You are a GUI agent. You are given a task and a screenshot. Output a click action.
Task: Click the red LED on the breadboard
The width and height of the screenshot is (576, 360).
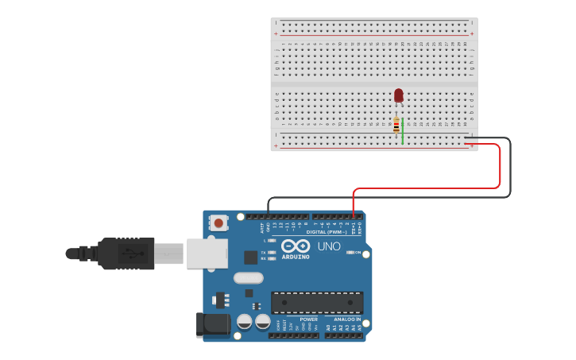coord(398,95)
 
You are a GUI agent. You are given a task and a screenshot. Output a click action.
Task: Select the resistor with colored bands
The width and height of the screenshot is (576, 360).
coord(396,126)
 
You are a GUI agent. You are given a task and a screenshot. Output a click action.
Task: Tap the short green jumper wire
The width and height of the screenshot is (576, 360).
coord(403,131)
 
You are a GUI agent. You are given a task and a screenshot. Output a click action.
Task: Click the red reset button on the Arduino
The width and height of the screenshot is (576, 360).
coord(218,223)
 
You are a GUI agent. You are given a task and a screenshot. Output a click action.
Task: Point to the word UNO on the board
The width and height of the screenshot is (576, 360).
coord(329,246)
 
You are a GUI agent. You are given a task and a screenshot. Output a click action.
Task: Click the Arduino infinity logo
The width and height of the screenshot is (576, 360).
coord(295,246)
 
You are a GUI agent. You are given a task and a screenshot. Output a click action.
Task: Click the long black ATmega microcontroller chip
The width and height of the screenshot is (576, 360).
coord(317,302)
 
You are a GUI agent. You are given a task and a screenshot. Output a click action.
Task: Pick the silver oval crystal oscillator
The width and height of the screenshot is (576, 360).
coord(248,278)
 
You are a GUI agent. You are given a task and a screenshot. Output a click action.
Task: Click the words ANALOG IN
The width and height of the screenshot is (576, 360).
coord(342,319)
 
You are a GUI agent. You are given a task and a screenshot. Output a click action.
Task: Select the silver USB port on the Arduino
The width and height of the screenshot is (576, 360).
coord(207,254)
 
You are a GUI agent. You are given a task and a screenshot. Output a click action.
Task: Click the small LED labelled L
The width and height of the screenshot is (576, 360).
coord(272,240)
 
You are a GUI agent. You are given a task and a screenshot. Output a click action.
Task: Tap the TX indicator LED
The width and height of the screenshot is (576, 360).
coord(272,252)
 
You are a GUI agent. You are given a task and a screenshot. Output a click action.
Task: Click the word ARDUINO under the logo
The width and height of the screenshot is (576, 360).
coord(296,257)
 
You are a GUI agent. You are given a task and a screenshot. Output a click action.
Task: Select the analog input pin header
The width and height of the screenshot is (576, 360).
coord(342,335)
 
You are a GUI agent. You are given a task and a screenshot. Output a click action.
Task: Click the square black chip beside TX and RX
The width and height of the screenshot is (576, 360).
coord(250,257)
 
